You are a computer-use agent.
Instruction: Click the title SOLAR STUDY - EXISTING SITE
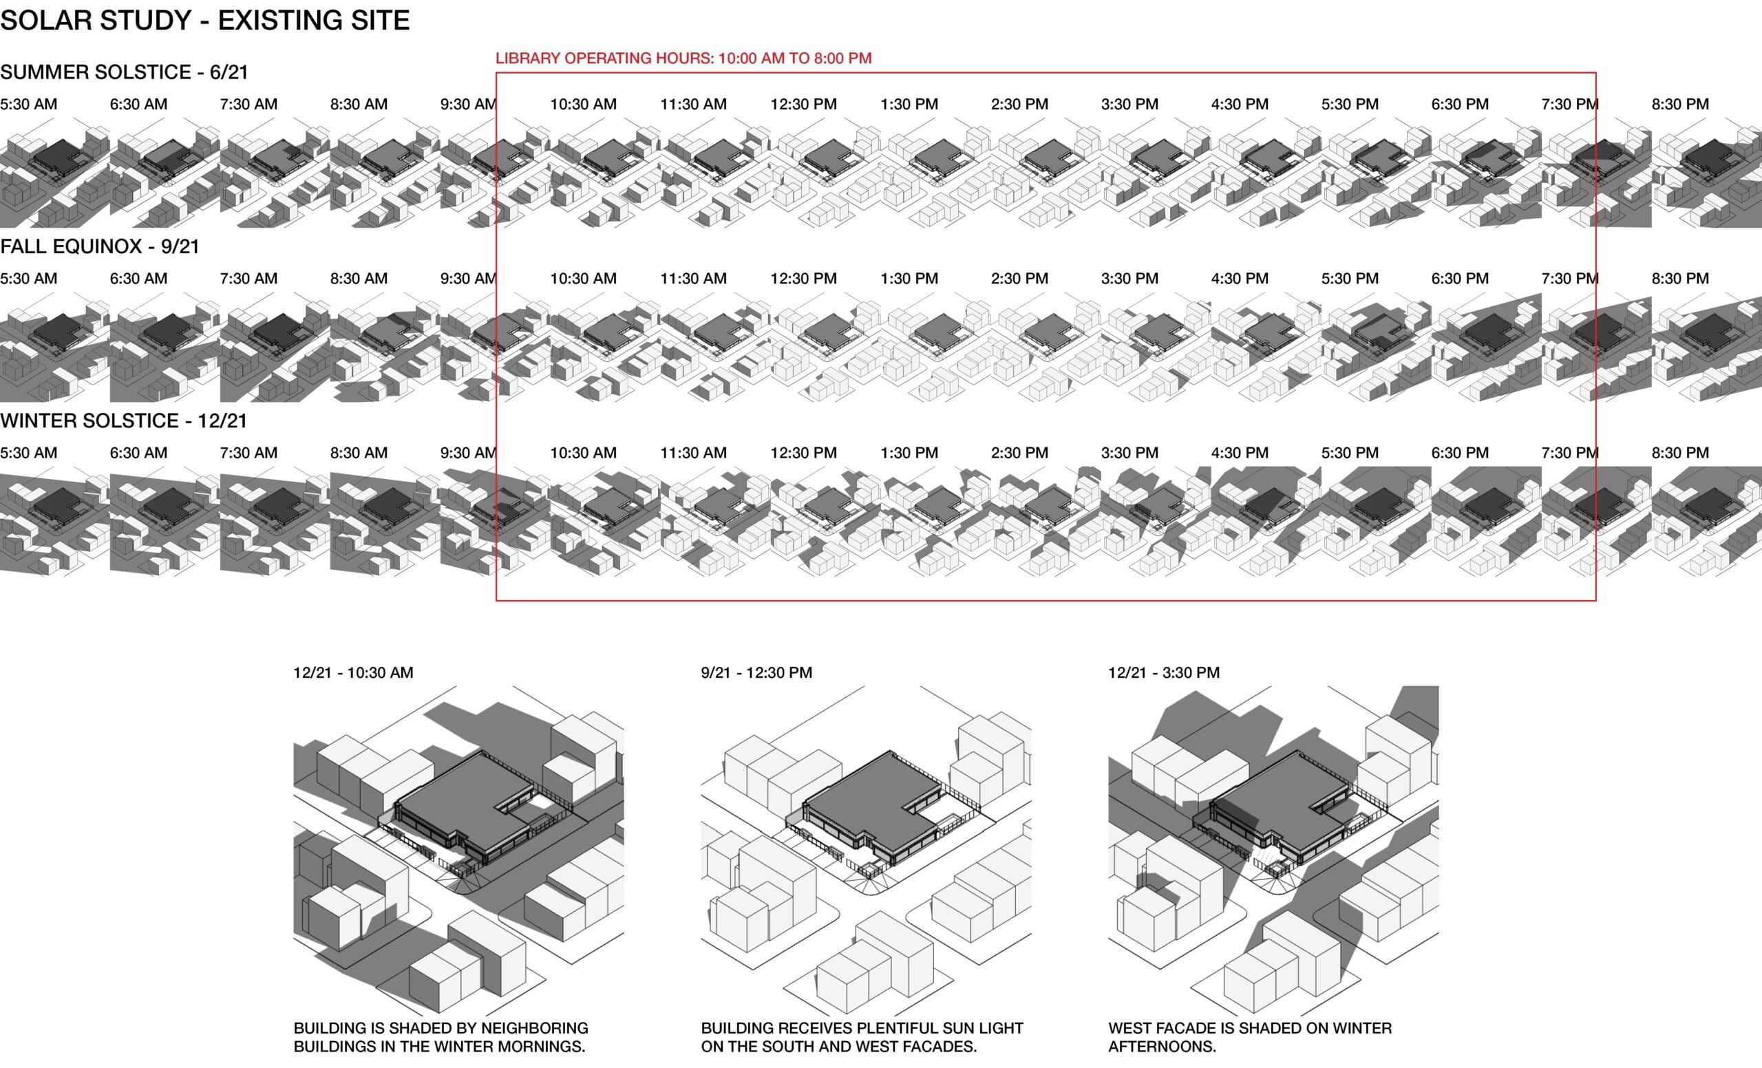coord(204,20)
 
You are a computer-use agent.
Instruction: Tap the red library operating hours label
coord(683,58)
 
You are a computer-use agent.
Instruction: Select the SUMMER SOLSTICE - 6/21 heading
coord(124,72)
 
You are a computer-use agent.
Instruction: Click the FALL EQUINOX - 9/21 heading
coord(99,246)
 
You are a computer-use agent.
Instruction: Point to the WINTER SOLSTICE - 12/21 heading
coord(123,421)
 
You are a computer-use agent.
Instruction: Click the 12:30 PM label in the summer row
coord(803,105)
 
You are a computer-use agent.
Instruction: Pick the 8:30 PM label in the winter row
coord(1680,453)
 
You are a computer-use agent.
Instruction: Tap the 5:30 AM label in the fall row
coord(29,279)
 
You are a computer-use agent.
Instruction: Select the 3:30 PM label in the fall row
coord(1129,279)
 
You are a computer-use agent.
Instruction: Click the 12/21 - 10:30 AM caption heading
coord(353,673)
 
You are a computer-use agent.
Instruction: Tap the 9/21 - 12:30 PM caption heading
coord(756,673)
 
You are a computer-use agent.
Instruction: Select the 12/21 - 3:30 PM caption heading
coord(1163,673)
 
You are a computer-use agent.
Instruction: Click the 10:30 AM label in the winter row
coord(583,453)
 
